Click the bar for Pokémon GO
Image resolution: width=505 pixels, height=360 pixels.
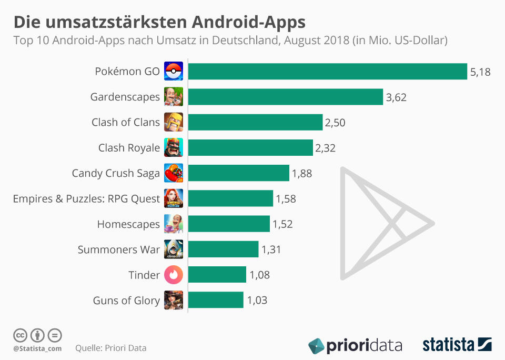(327, 72)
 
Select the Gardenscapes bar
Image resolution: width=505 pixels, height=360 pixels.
(285, 97)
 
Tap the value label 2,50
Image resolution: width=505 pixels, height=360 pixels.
(335, 123)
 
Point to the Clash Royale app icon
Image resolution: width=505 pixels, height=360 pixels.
(174, 148)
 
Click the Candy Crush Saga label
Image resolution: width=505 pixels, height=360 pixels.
(116, 173)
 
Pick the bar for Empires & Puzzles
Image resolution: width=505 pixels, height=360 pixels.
(230, 198)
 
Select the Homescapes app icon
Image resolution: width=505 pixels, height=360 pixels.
(174, 224)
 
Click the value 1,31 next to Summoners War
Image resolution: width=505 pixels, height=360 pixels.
(271, 249)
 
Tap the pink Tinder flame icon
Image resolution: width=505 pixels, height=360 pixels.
(174, 275)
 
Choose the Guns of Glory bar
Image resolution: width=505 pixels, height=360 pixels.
(216, 300)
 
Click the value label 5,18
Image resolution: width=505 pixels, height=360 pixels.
(480, 72)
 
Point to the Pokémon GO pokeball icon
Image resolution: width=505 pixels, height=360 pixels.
(174, 72)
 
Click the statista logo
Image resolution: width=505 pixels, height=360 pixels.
(457, 345)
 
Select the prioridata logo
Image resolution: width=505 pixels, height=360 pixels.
(355, 346)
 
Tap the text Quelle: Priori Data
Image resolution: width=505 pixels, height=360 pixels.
(110, 348)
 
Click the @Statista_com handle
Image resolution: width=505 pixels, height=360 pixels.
(37, 348)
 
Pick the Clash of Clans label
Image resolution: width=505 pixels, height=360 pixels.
(126, 123)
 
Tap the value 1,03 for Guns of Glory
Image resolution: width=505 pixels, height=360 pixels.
(257, 301)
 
